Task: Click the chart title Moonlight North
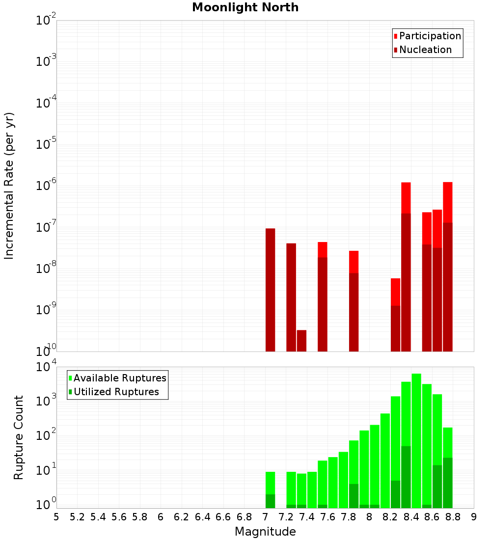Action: [x=245, y=7]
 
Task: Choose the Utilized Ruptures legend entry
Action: [x=116, y=392]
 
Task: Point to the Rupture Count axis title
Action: [x=19, y=437]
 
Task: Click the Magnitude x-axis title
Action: [x=265, y=531]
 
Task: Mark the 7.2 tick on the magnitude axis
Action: [x=286, y=516]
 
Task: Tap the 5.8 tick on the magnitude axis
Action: [x=140, y=516]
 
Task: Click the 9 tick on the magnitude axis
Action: [x=474, y=516]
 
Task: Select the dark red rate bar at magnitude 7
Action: [x=270, y=290]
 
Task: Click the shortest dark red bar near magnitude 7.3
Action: [x=301, y=341]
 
